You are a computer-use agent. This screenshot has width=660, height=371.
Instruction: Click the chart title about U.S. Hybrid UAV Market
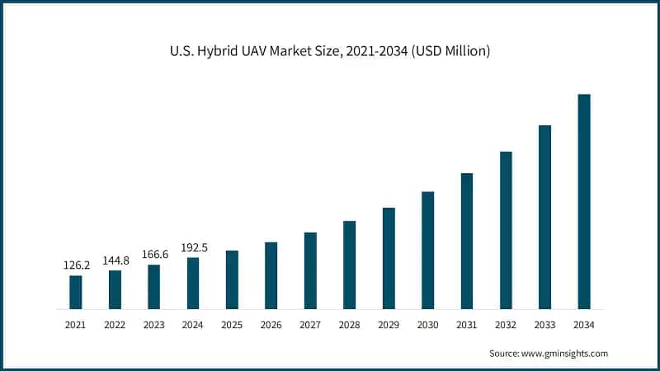[330, 51]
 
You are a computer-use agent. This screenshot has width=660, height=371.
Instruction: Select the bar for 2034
[584, 202]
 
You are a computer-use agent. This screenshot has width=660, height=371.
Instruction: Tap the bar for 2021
[76, 292]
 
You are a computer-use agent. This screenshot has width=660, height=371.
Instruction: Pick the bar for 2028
[350, 265]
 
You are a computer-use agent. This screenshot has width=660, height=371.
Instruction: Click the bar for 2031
[467, 241]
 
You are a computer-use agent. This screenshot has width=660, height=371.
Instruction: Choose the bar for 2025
[232, 279]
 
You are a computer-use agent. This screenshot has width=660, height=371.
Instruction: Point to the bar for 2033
[544, 217]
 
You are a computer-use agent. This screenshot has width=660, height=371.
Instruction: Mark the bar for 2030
[427, 251]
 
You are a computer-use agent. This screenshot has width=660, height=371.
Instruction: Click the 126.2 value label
[76, 265]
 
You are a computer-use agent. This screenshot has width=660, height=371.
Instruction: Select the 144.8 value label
[115, 261]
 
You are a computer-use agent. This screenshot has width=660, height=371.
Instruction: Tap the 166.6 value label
[154, 255]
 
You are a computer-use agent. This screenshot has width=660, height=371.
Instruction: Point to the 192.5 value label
[193, 247]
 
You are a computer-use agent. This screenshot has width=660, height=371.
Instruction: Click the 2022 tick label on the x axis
[115, 326]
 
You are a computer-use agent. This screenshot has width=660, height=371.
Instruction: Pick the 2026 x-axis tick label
[271, 326]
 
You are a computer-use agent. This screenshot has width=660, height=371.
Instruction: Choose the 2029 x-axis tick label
[389, 326]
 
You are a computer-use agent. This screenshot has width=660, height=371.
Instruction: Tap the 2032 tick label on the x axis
[506, 326]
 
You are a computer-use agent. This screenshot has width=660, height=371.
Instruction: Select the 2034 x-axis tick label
[584, 326]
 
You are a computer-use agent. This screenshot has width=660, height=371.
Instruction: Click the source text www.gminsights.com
[566, 353]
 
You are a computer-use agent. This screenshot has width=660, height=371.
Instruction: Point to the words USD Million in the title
[454, 51]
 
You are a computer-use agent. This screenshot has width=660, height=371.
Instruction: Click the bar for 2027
[310, 270]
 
